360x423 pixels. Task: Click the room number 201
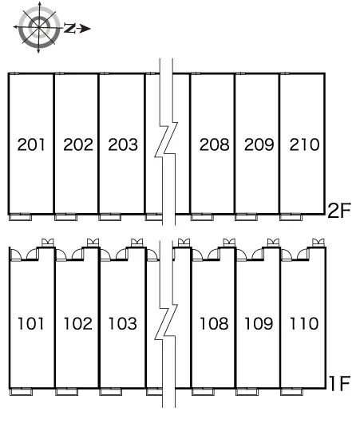[31, 144]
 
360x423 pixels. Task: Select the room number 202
[78, 144]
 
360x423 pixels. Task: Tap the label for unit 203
[123, 144]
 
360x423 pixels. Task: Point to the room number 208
[214, 144]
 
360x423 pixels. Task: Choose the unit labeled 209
[259, 144]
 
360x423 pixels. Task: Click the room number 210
[304, 144]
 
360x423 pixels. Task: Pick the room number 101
[30, 323]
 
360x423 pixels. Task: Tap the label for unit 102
[77, 323]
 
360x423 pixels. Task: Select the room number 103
[122, 323]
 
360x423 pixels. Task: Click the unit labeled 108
[214, 323]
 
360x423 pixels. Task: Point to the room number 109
[259, 323]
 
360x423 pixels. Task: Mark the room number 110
[304, 323]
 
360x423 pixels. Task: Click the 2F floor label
[339, 211]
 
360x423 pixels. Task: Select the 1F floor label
[340, 383]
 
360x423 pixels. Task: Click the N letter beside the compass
[69, 28]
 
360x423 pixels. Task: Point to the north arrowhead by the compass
[85, 29]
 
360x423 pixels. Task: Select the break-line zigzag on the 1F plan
[167, 321]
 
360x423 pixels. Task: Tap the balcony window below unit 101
[21, 392]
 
